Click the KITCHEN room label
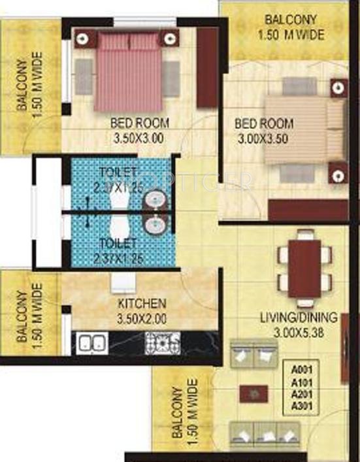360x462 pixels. coord(142,304)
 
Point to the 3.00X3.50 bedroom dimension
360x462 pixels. coord(263,138)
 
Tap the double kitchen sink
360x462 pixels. coord(91,342)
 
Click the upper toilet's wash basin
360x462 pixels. coord(156,199)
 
